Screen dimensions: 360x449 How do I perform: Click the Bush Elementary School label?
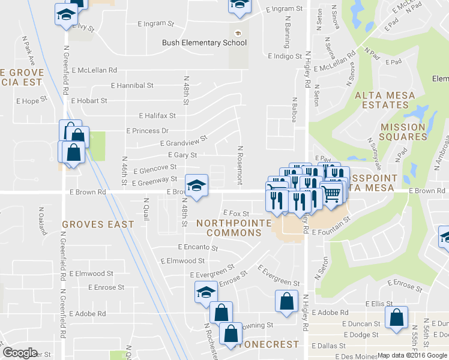(204, 43)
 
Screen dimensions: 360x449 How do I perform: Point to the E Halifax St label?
(157, 115)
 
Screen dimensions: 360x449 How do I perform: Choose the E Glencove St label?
(155, 170)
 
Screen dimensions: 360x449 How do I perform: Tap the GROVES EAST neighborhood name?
(98, 224)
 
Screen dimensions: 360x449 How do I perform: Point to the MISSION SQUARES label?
(403, 132)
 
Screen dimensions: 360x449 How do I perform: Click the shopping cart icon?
(331, 191)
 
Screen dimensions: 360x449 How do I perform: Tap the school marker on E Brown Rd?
(196, 185)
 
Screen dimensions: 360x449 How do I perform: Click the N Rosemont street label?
(240, 165)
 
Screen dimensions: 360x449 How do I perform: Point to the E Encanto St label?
(197, 247)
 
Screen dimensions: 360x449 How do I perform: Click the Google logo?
(20, 353)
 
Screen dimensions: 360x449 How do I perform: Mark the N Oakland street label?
(41, 220)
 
